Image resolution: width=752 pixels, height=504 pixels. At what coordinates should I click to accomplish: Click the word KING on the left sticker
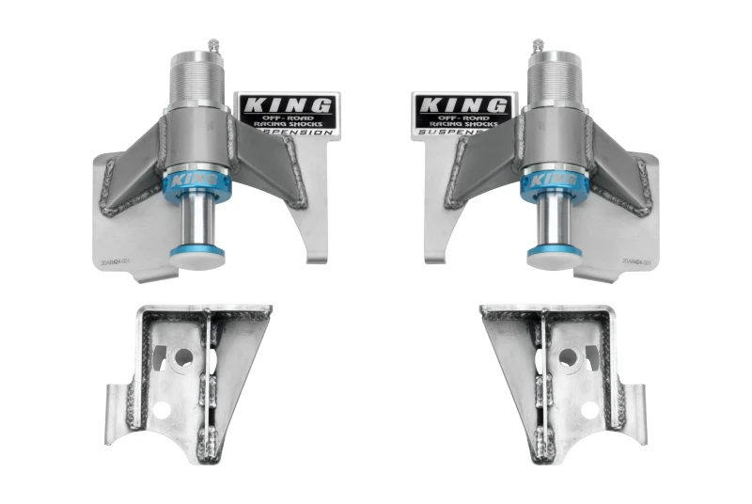[286, 104]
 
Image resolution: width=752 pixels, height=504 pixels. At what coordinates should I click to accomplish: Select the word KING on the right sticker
[464, 104]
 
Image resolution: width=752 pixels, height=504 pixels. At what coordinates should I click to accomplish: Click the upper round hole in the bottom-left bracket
[184, 358]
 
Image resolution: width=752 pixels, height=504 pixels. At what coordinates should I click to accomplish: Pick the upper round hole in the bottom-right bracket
[568, 358]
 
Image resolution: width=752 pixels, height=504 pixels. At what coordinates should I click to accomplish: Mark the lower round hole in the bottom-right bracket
[590, 410]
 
